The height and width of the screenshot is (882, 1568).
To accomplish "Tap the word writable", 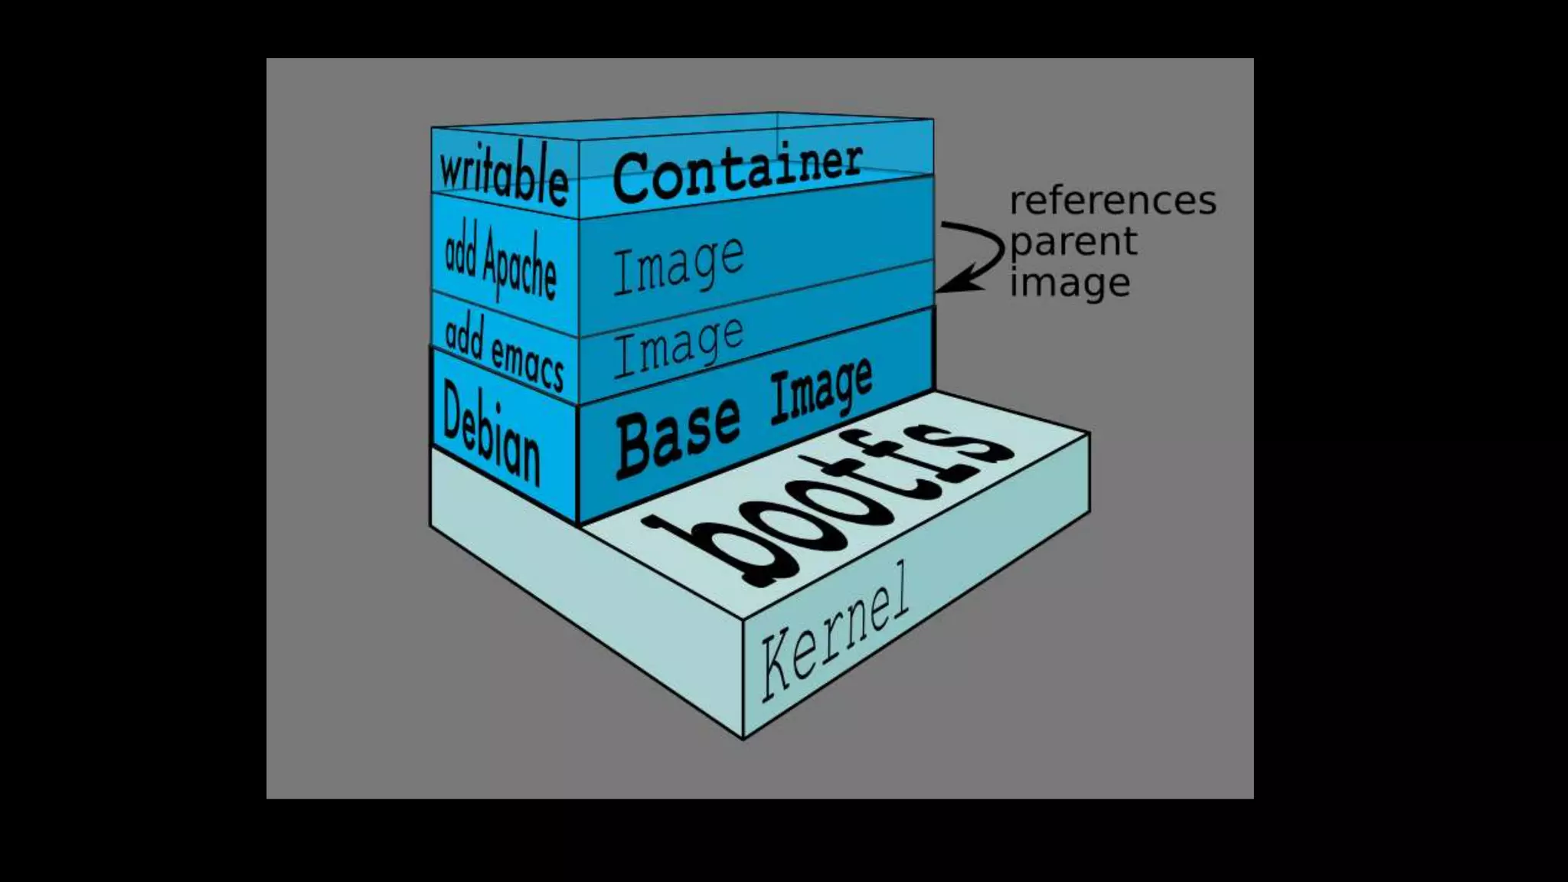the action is click(x=503, y=173).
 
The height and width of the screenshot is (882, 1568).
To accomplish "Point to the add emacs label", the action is click(x=504, y=352).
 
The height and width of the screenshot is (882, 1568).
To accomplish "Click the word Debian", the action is click(x=491, y=434).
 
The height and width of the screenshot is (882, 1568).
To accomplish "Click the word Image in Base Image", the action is click(x=821, y=390).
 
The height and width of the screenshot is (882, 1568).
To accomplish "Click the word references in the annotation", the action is click(x=1112, y=201).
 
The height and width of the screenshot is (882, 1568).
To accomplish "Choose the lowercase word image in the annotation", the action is click(x=1070, y=283).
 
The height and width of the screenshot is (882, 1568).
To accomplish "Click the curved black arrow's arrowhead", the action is click(x=949, y=286).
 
